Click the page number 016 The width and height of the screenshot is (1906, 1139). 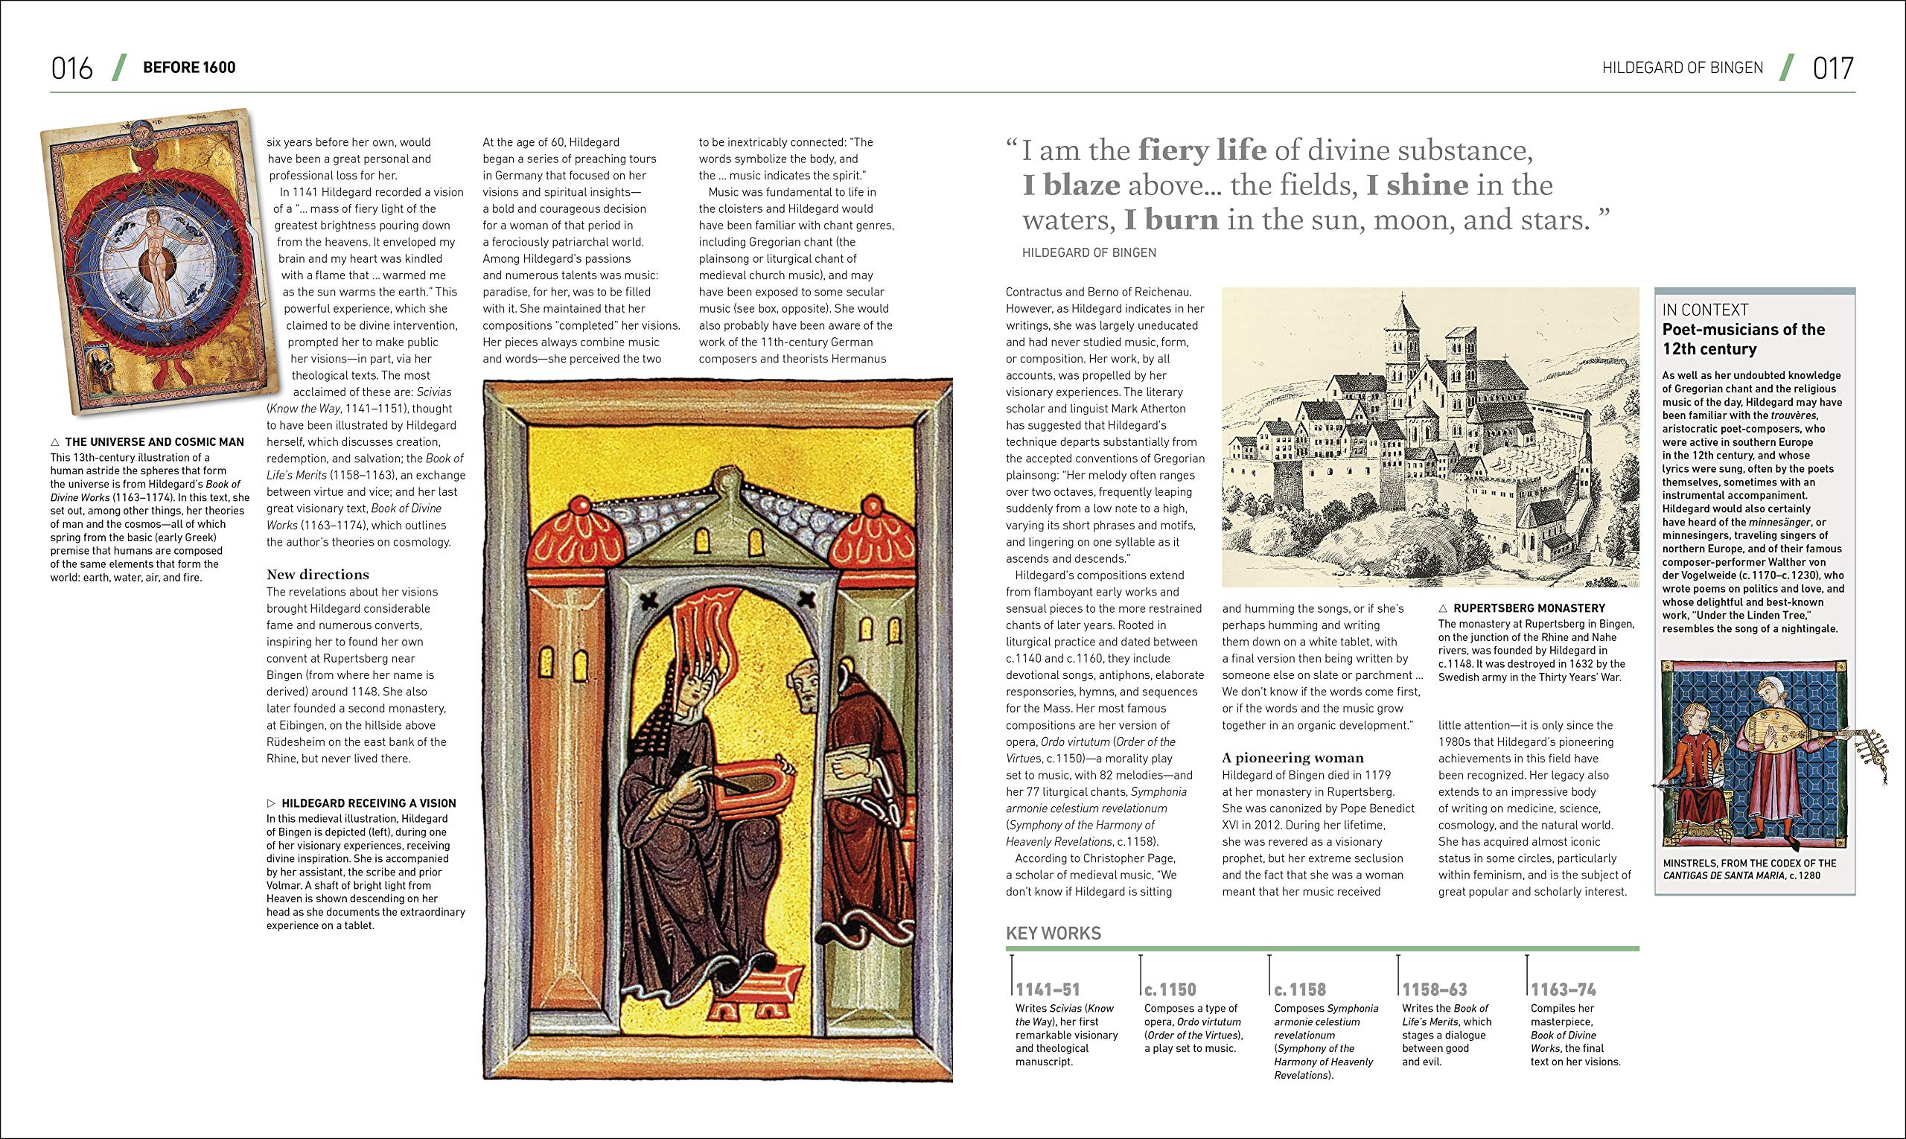71,68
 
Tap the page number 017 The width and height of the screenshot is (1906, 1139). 1833,68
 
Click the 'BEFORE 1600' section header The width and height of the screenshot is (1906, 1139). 189,68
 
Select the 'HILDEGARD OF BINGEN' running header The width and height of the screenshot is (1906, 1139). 1683,68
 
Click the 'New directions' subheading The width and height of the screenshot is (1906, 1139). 317,574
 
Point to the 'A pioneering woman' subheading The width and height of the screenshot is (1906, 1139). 1293,758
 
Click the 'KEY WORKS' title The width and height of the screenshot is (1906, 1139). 1054,934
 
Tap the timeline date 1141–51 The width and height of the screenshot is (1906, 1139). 1048,990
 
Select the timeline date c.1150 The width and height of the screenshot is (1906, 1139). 1170,990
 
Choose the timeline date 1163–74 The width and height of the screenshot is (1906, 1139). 1563,990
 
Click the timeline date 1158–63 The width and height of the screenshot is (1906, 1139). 1435,990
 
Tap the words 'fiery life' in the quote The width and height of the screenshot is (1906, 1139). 1202,150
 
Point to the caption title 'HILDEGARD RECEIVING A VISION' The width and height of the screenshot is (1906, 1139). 369,803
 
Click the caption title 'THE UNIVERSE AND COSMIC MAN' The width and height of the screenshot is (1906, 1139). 154,442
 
